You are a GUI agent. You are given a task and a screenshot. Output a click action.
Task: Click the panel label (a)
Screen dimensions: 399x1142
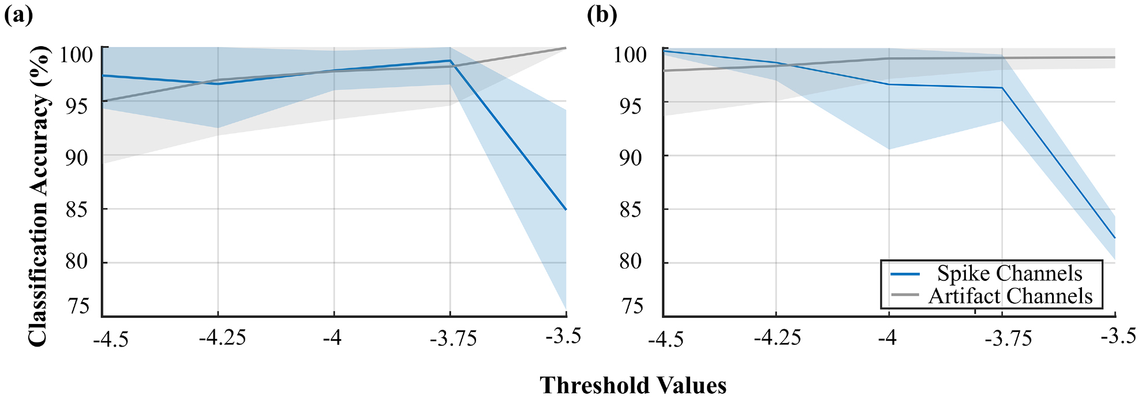click(x=18, y=15)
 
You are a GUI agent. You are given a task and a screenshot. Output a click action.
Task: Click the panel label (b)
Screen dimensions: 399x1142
click(x=602, y=15)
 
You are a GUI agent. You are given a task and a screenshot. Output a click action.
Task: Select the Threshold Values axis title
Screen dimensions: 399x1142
click(x=633, y=385)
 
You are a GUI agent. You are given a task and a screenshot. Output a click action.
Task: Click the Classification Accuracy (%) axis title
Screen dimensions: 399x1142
click(x=38, y=197)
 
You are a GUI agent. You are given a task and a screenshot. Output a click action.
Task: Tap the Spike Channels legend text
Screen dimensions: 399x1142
click(x=1009, y=273)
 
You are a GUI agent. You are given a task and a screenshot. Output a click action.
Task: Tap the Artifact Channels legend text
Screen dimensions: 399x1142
click(x=1010, y=296)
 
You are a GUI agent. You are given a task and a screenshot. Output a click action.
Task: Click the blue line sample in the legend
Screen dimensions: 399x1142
click(x=905, y=274)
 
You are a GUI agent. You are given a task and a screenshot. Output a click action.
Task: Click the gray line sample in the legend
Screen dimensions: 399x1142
click(x=905, y=295)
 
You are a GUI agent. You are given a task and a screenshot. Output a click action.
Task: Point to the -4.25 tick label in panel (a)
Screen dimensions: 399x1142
click(x=222, y=337)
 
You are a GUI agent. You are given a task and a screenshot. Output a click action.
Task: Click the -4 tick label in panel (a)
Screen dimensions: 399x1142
click(x=332, y=337)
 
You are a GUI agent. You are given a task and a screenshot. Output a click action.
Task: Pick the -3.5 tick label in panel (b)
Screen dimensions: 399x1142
click(x=1118, y=336)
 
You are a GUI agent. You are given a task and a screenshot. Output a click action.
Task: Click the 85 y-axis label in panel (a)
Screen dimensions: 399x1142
click(x=76, y=209)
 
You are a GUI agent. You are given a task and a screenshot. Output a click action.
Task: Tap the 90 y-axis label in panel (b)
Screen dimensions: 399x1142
click(x=630, y=157)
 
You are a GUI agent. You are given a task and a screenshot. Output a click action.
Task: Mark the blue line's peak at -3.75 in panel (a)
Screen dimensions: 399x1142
click(x=450, y=61)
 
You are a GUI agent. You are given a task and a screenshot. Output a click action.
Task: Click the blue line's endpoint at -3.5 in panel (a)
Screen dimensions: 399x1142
click(x=566, y=209)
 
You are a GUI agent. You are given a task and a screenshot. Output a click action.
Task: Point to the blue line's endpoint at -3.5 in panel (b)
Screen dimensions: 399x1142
click(x=1114, y=237)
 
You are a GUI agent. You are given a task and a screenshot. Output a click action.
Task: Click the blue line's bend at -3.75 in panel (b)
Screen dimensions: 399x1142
click(x=1002, y=88)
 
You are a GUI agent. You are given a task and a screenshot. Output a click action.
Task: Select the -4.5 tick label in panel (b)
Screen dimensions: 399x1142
click(x=666, y=338)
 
